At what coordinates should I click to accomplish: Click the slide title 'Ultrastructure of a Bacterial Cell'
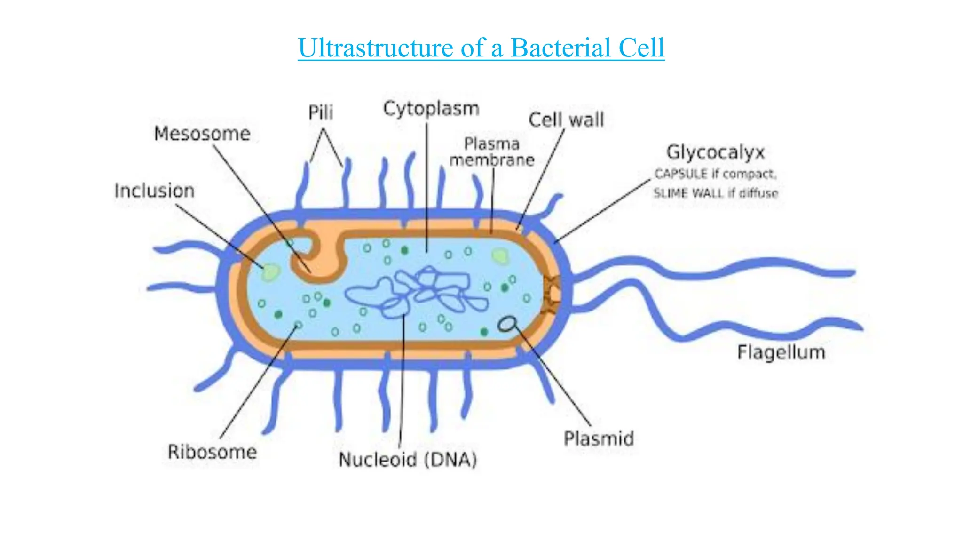481,48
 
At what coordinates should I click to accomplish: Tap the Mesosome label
202,134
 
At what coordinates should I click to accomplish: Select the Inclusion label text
154,191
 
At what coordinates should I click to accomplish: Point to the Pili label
321,112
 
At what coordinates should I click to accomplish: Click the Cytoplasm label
431,109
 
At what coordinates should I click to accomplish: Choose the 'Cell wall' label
566,120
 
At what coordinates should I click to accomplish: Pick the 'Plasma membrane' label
492,152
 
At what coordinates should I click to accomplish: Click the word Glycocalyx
715,152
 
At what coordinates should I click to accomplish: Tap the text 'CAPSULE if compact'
715,174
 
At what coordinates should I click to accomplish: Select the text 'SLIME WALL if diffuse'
715,193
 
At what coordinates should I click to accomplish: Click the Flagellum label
781,352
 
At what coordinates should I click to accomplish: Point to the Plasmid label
599,439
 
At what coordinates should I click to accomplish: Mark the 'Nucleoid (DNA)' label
408,460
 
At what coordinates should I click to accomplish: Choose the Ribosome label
212,452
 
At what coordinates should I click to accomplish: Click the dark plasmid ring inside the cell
507,324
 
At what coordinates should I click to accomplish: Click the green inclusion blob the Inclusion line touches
271,272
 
